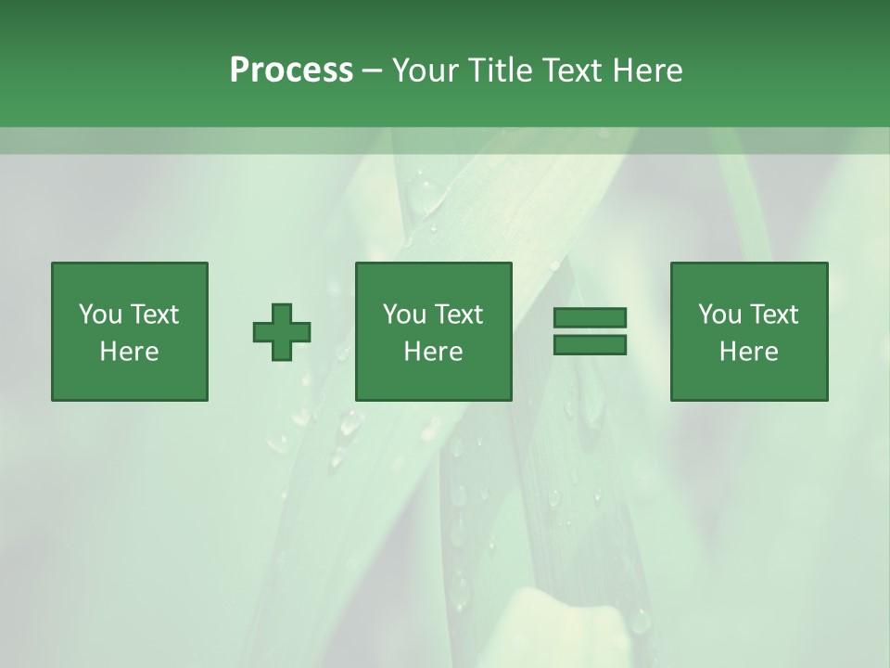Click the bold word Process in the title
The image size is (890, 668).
tap(291, 71)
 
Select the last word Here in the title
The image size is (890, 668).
tap(645, 71)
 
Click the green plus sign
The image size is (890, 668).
tap(282, 332)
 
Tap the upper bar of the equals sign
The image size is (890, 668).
tap(590, 317)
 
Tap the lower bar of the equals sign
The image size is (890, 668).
tap(590, 345)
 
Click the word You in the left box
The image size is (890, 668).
tap(100, 314)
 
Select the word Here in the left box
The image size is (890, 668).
tap(129, 352)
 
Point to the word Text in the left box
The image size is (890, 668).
tap(154, 314)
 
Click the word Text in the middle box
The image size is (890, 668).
tap(458, 314)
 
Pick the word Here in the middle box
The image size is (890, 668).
tap(433, 352)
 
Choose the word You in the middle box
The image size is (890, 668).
tap(404, 314)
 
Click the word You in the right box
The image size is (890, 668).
tap(719, 314)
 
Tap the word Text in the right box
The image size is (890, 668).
tap(773, 314)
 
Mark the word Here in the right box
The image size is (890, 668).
tap(748, 352)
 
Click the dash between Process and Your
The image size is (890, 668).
tap(373, 71)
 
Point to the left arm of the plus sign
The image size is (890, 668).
tap(263, 332)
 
